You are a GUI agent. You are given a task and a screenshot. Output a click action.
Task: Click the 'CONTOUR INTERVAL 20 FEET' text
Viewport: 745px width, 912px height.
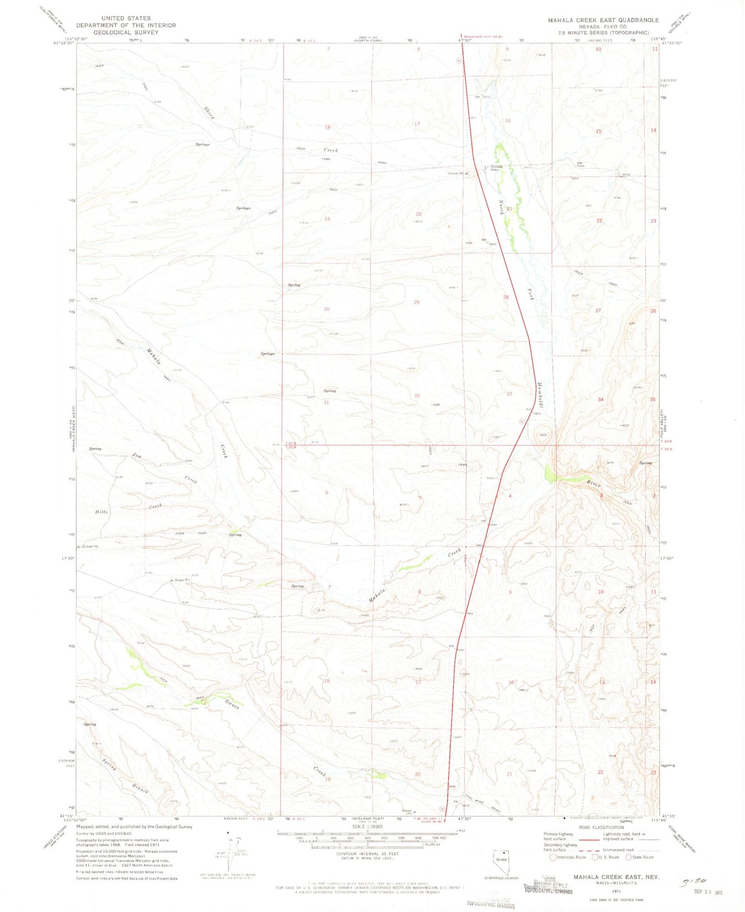click(368, 854)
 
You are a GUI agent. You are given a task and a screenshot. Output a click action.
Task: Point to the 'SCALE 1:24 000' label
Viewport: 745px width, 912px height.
click(368, 826)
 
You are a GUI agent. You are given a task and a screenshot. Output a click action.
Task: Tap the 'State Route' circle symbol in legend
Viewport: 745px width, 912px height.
click(628, 857)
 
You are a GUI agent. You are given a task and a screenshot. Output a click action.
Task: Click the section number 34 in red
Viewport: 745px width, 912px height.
click(600, 400)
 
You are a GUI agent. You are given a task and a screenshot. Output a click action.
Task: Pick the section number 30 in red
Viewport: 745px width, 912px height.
click(326, 309)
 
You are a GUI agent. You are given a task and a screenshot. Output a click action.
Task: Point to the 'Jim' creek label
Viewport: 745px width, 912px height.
click(137, 455)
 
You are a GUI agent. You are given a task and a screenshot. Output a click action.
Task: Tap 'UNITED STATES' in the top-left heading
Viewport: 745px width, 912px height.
click(126, 18)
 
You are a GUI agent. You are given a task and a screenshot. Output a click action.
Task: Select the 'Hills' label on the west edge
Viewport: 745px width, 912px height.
click(102, 511)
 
